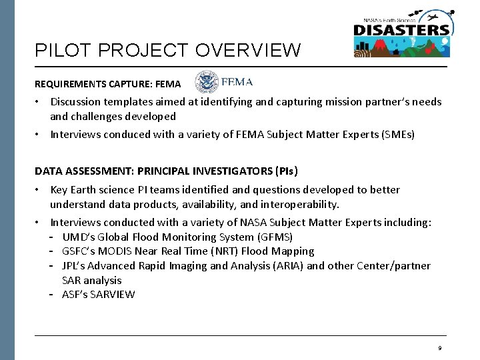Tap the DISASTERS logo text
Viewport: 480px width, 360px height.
[401, 30]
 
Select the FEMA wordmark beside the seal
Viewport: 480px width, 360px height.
[237, 82]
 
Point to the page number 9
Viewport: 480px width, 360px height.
[440, 348]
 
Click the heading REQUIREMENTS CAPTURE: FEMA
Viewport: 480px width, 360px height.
[107, 85]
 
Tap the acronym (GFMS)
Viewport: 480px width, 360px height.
[275, 237]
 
